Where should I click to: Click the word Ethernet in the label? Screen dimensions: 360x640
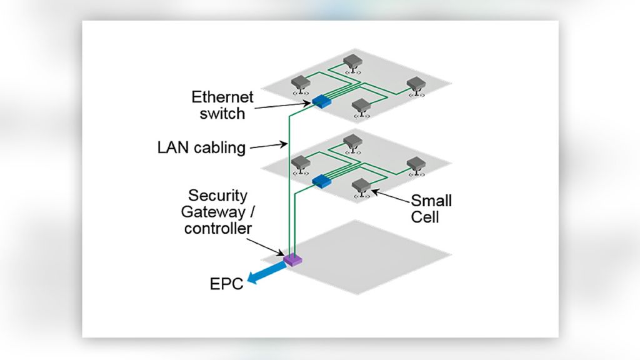click(222, 97)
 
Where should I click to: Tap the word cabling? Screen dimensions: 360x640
click(219, 149)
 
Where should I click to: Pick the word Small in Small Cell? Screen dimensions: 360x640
click(431, 201)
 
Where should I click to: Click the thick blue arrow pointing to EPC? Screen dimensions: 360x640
click(266, 273)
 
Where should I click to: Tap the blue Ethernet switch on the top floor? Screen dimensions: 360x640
click(321, 100)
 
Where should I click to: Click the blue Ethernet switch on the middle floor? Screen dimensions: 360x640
click(321, 181)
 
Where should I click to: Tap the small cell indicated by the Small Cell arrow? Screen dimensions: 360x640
click(361, 186)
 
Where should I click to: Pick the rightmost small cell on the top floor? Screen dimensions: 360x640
click(415, 86)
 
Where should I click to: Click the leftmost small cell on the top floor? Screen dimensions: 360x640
click(302, 83)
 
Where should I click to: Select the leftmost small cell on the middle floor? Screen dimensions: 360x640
click(301, 164)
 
